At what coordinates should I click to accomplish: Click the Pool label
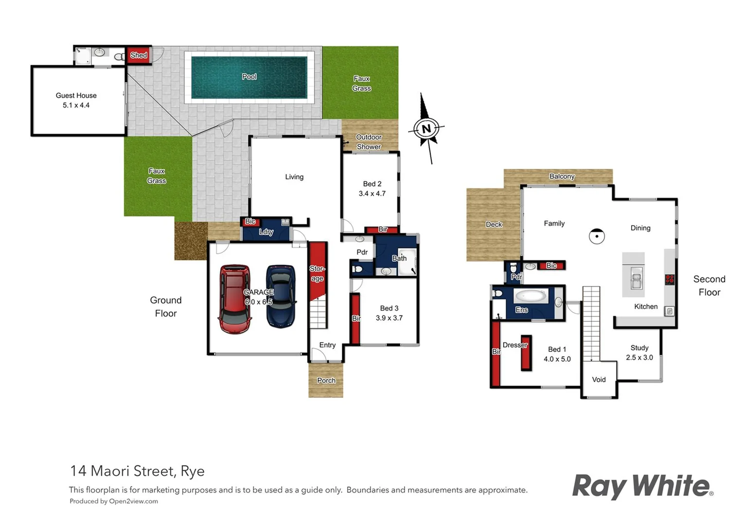pyautogui.click(x=249, y=77)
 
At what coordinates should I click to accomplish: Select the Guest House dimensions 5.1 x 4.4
pyautogui.click(x=76, y=105)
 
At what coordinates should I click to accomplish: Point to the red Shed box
pyautogui.click(x=139, y=55)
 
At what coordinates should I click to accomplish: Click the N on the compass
pyautogui.click(x=426, y=129)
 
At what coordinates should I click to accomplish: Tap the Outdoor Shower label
pyautogui.click(x=369, y=142)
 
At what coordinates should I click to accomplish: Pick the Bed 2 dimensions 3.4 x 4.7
pyautogui.click(x=372, y=193)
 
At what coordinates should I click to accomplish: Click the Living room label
pyautogui.click(x=294, y=177)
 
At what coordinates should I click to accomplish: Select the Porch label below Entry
pyautogui.click(x=326, y=381)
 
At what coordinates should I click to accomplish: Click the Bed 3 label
pyautogui.click(x=389, y=308)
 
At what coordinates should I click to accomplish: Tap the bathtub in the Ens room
pyautogui.click(x=530, y=296)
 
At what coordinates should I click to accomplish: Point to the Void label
pyautogui.click(x=599, y=380)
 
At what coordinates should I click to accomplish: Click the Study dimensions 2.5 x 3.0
pyautogui.click(x=639, y=358)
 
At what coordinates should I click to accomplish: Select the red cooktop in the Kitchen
pyautogui.click(x=670, y=279)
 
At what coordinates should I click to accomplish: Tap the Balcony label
pyautogui.click(x=562, y=176)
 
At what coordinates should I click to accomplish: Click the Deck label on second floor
pyautogui.click(x=494, y=225)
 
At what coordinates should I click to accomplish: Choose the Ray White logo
pyautogui.click(x=642, y=487)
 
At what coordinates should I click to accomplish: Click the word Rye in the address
pyautogui.click(x=193, y=472)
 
